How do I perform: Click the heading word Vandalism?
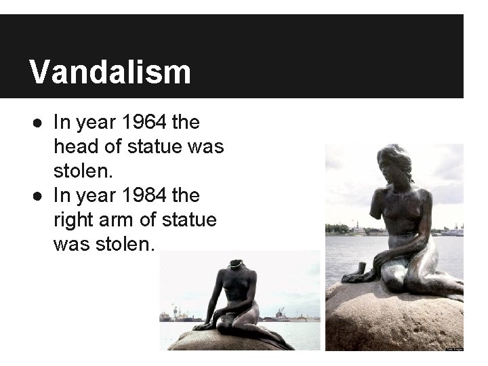[110, 72]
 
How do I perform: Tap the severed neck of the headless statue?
[236, 264]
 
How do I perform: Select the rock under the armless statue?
[393, 319]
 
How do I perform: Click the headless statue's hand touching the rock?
[203, 327]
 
